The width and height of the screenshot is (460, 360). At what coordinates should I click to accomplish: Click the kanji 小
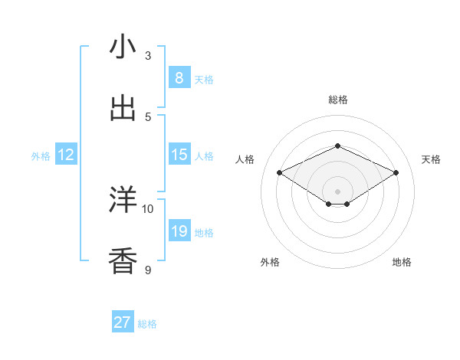pyautogui.click(x=123, y=47)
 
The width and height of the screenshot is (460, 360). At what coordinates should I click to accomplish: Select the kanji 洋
pyautogui.click(x=123, y=201)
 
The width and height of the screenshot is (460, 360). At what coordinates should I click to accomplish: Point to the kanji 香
pyautogui.click(x=123, y=261)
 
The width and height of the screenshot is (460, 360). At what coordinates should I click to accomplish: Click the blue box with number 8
pyautogui.click(x=179, y=77)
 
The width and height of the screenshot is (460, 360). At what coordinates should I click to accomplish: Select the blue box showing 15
pyautogui.click(x=179, y=155)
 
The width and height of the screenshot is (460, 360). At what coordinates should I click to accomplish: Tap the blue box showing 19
pyautogui.click(x=179, y=231)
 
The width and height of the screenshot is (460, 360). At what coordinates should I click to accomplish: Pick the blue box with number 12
pyautogui.click(x=66, y=155)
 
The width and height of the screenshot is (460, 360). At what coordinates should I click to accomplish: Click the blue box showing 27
pyautogui.click(x=123, y=322)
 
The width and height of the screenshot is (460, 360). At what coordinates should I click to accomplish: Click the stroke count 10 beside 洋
pyautogui.click(x=148, y=208)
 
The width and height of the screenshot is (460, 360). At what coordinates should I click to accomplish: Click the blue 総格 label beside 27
pyautogui.click(x=148, y=324)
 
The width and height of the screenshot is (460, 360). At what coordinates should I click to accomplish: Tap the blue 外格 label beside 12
pyautogui.click(x=41, y=156)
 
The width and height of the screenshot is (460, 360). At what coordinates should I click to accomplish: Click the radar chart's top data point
pyautogui.click(x=337, y=146)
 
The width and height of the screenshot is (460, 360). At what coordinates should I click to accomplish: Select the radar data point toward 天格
pyautogui.click(x=396, y=173)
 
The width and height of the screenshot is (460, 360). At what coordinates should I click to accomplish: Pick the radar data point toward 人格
pyautogui.click(x=280, y=173)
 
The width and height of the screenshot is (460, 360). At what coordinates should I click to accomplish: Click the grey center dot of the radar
pyautogui.click(x=337, y=191)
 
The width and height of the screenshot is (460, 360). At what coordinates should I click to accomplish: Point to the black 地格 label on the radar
pyautogui.click(x=402, y=262)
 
